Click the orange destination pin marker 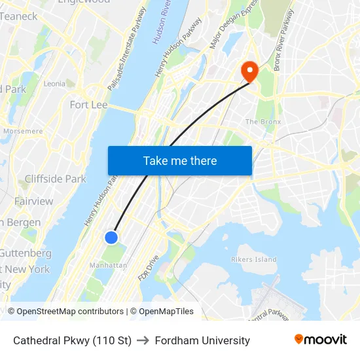click(249, 71)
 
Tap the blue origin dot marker click(112, 237)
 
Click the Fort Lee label click(88, 105)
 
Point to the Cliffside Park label click(55, 179)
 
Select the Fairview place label click(33, 201)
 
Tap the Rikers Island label click(254, 259)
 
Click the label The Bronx click(262, 122)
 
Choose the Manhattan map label click(108, 265)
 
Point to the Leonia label click(54, 84)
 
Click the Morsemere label click(22, 131)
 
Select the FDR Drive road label click(148, 268)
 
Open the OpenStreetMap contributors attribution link click(70, 312)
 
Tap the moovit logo click(321, 340)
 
